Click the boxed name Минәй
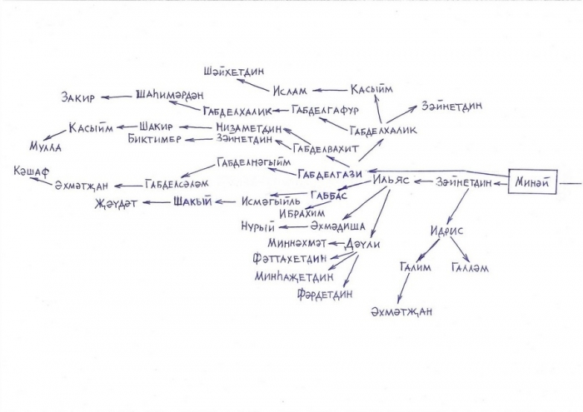[x=532, y=181]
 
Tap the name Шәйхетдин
[x=234, y=71]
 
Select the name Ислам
[x=290, y=91]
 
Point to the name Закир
[x=78, y=97]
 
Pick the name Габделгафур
[x=325, y=110]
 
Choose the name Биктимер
[x=154, y=139]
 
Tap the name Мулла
[x=45, y=146]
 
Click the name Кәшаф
[x=32, y=171]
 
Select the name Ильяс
[x=391, y=180]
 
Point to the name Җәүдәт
[x=116, y=204]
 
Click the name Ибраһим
[x=301, y=214]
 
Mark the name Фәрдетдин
[x=325, y=295]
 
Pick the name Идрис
[x=447, y=231]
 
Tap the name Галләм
[x=470, y=267]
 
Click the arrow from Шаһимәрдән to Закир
[x=117, y=97]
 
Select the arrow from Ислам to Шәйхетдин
[x=252, y=84]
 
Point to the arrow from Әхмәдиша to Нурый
[x=294, y=226]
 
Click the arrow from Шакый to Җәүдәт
[x=157, y=202]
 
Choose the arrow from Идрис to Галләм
[x=460, y=249]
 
